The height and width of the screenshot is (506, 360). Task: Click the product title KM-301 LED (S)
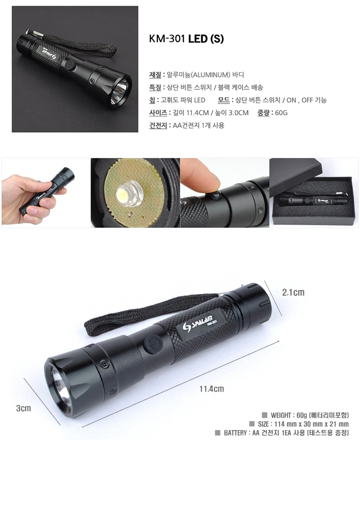point(186,39)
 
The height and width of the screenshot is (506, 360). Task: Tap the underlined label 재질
point(155,75)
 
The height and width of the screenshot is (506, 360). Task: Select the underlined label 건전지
point(158,125)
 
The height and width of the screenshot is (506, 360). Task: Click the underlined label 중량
point(263,112)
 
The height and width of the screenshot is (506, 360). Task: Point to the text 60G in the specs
point(281,112)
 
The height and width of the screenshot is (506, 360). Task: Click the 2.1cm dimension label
point(293,292)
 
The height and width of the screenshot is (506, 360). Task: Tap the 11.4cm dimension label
point(212,389)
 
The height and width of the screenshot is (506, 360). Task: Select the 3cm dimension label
point(24,408)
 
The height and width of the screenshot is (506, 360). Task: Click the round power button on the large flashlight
point(152,344)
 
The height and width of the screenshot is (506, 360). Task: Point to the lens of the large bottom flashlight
point(61,390)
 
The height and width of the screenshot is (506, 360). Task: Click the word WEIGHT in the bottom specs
point(281,415)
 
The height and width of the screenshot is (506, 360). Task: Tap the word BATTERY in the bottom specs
point(236,433)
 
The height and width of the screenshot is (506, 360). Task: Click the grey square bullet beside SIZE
point(252,424)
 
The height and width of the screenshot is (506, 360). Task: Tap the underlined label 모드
point(223,100)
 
